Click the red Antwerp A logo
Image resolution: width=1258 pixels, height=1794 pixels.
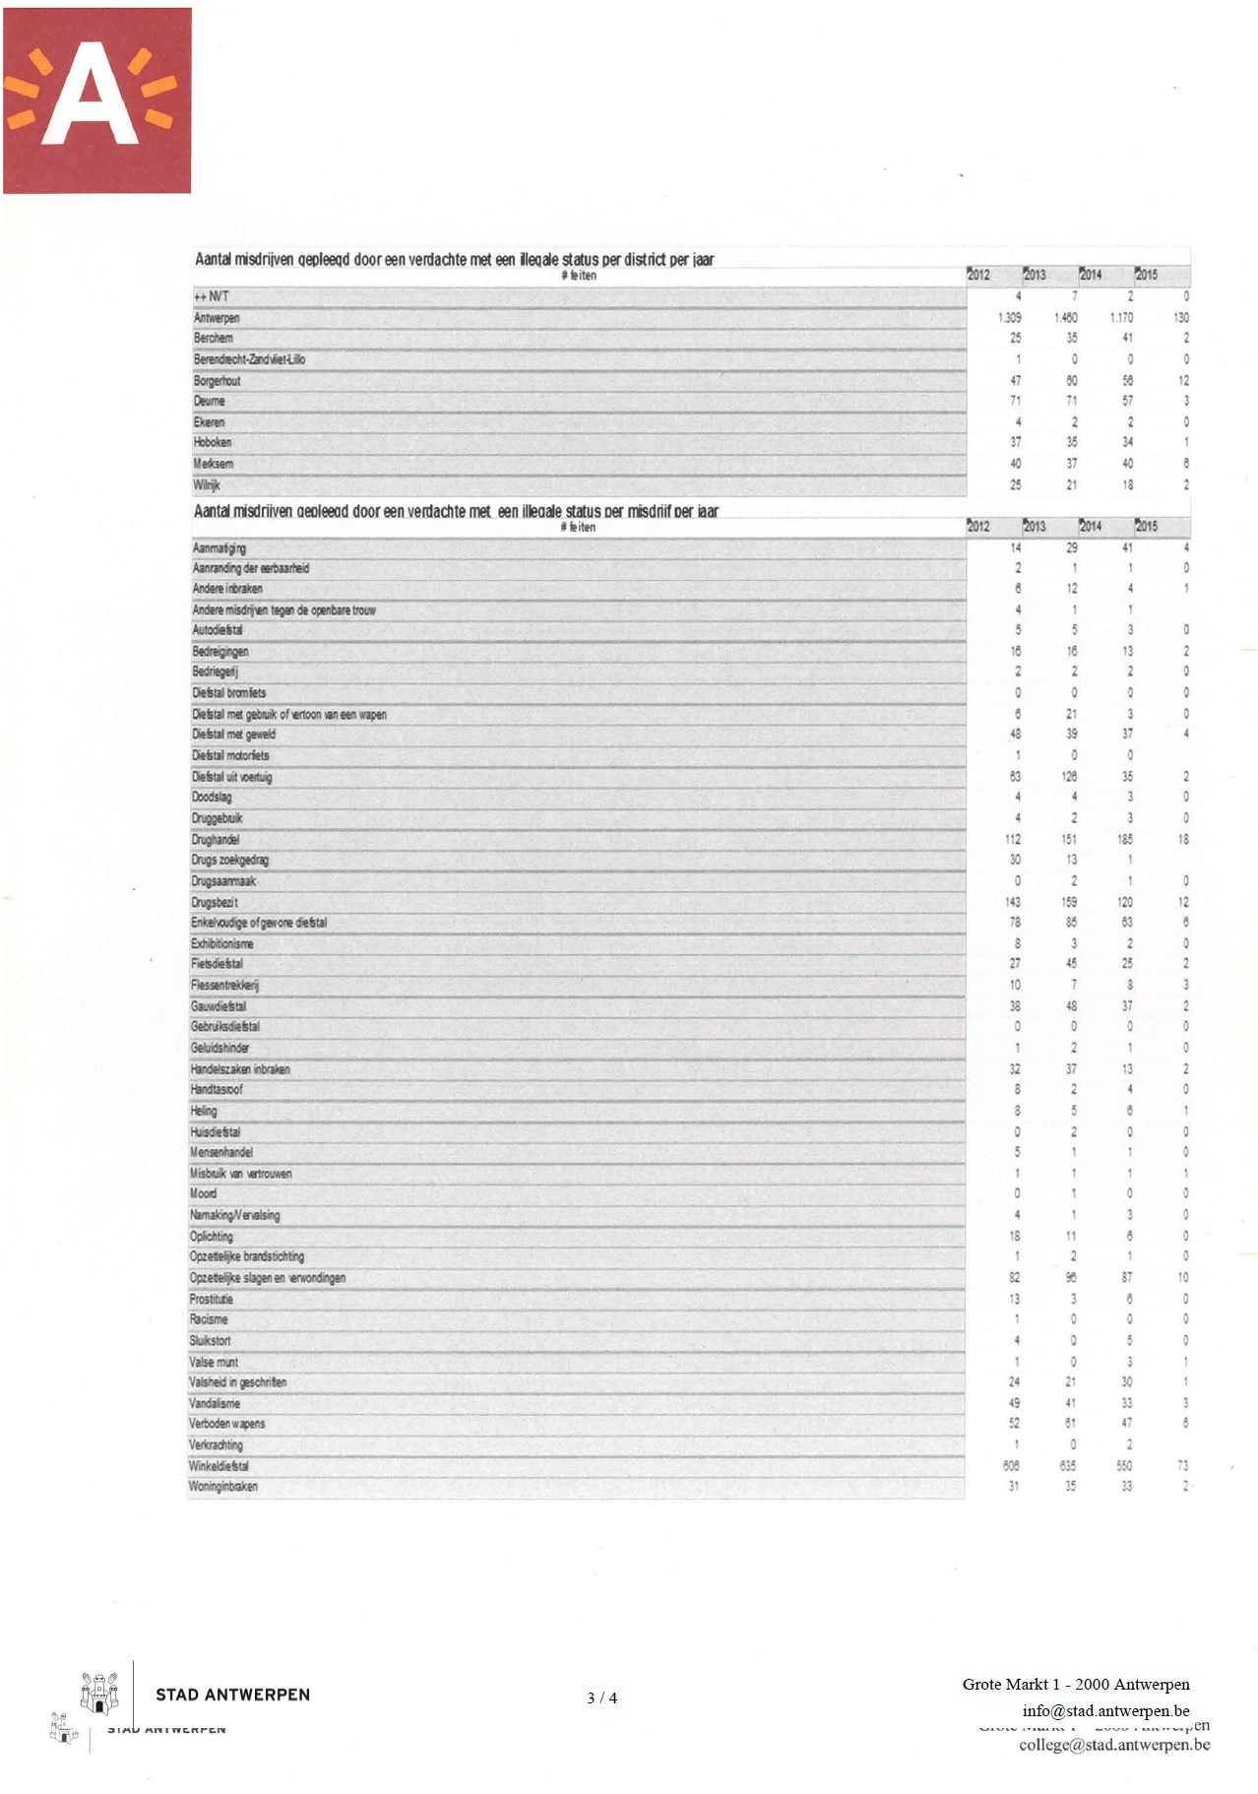pos(96,100)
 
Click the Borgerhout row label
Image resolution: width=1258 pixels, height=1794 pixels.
pos(217,381)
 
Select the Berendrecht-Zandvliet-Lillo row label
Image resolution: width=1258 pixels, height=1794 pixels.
pos(249,359)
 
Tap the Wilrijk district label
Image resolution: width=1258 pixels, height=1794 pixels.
pos(207,485)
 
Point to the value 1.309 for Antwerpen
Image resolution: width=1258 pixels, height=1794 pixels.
pos(1009,318)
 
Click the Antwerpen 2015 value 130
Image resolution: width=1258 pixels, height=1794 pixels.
pos(1181,318)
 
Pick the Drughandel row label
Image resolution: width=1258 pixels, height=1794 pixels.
pos(216,840)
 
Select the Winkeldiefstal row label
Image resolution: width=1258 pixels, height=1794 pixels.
pos(219,1466)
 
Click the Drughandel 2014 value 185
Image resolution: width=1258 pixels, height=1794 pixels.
pos(1124,840)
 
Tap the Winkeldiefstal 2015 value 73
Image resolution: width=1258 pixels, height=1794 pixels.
pos(1182,1466)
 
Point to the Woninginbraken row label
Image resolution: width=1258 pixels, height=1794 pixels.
pos(223,1487)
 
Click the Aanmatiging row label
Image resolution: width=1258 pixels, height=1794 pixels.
pos(219,548)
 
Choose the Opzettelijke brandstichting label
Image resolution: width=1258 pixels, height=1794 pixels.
pos(247,1256)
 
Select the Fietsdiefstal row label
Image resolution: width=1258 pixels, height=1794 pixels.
pos(217,964)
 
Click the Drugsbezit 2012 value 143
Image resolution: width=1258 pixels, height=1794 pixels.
pos(1013,902)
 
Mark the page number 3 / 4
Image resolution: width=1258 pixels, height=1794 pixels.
pos(601,1698)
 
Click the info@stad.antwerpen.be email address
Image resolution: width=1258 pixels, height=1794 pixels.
pos(1105,1710)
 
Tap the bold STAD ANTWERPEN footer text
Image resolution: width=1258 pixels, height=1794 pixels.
pos(232,1695)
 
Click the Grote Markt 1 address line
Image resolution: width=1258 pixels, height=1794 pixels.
pos(1076,1685)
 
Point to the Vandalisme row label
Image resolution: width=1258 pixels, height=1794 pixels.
pos(215,1403)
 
